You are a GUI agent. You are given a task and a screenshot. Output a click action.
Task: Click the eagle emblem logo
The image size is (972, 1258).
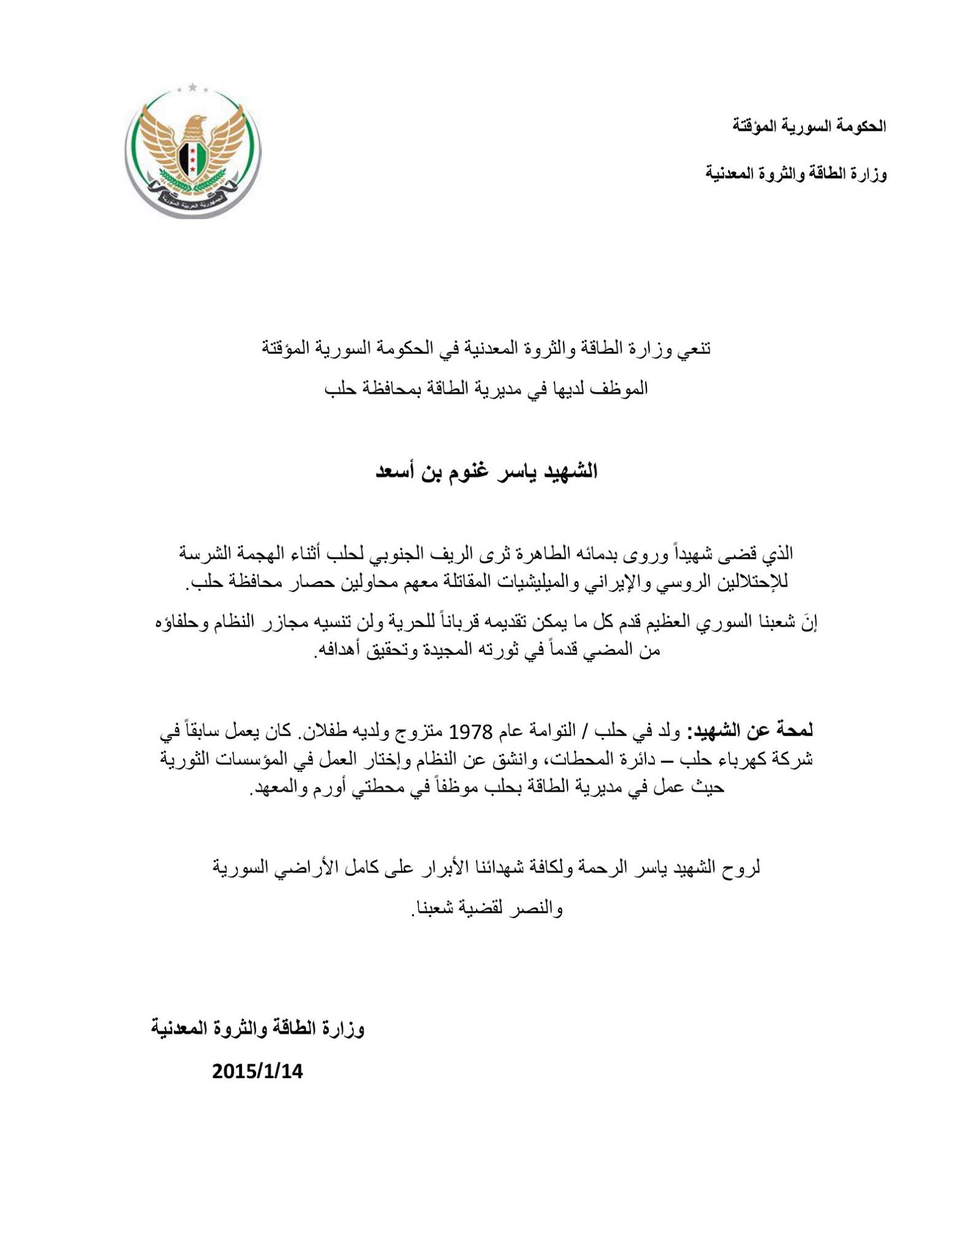pos(193,150)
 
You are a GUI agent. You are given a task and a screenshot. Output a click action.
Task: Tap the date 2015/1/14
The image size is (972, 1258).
pos(257,1071)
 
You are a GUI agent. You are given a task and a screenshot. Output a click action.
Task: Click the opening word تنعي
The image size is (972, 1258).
pos(694,348)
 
